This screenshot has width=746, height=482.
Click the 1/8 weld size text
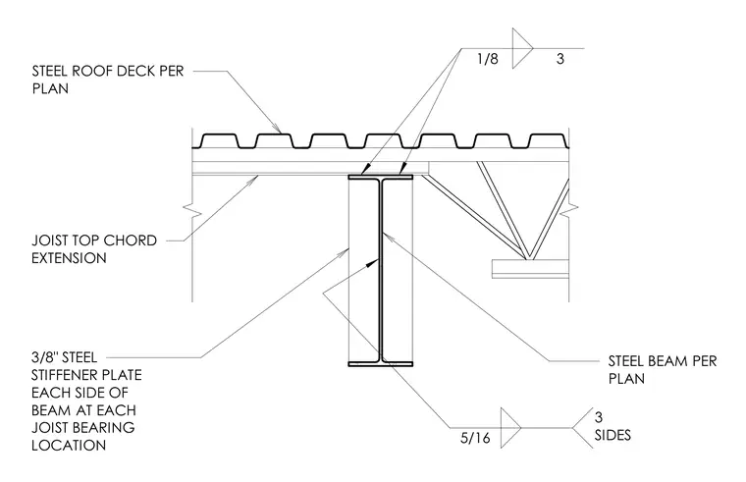488,59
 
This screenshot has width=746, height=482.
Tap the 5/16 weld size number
475,438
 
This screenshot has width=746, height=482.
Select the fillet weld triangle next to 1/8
522,48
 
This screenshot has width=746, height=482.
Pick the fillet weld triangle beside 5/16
511,427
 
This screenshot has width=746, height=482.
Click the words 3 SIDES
613,426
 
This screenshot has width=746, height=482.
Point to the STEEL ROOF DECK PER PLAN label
108,80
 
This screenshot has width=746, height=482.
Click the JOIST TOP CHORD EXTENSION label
94,248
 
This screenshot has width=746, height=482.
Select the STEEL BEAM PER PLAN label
663,370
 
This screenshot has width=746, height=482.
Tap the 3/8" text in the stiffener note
44,357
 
